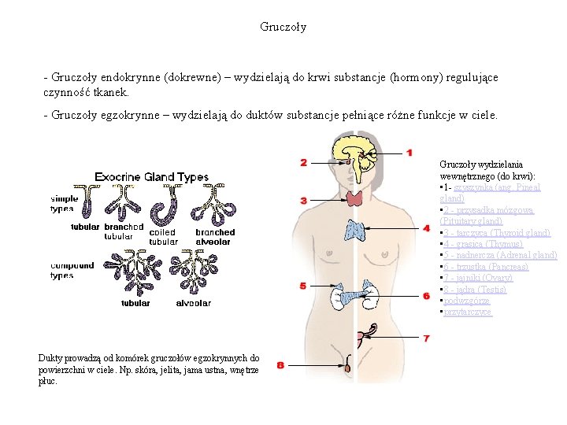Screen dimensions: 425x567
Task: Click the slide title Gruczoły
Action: (283, 27)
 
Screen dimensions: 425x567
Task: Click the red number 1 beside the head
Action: (409, 152)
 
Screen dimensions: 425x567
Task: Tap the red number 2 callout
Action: (304, 163)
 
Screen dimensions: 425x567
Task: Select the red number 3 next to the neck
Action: (304, 201)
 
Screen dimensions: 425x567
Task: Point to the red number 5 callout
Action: (302, 286)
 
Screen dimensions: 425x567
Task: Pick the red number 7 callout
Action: (426, 338)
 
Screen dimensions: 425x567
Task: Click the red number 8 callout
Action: (281, 364)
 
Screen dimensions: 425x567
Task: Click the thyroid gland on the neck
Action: (354, 198)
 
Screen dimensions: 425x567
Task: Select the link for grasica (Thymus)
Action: (484, 244)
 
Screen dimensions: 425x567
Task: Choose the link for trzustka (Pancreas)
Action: (489, 267)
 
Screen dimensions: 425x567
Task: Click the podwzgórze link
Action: (466, 301)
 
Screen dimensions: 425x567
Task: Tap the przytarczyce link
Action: (468, 312)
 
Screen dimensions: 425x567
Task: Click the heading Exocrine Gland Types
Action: (152, 177)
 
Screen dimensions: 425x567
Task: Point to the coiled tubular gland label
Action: (163, 237)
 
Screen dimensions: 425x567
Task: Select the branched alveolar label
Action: (215, 237)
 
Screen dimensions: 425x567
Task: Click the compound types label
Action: (72, 271)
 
